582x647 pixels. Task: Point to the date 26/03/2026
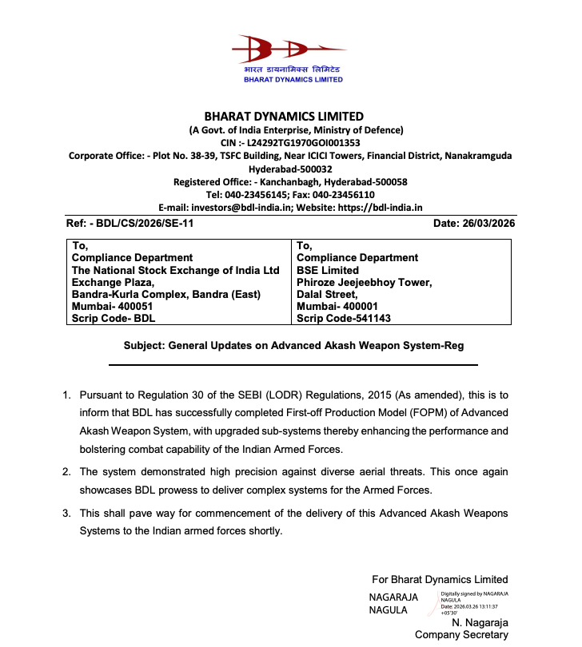[x=488, y=224]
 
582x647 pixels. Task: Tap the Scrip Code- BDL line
[x=114, y=318]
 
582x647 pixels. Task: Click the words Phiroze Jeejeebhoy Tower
[x=365, y=282]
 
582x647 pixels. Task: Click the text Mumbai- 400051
[x=111, y=306]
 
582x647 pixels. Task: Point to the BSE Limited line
[x=328, y=270]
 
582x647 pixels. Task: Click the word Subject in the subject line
[x=145, y=346]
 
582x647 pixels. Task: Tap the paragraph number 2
[x=67, y=472]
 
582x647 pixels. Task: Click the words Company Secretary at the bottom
[x=461, y=635]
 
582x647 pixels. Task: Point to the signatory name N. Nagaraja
[x=480, y=622]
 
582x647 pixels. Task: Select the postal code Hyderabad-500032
[x=290, y=169]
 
